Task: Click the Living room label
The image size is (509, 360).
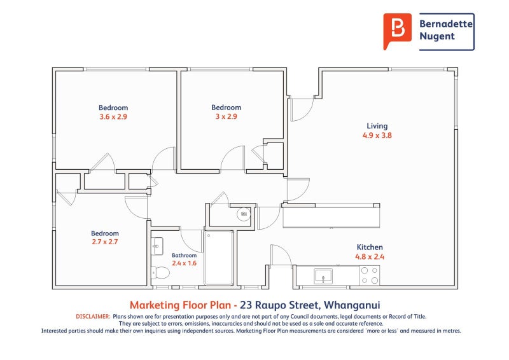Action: click(377, 126)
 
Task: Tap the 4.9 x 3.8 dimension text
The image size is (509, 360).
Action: click(377, 135)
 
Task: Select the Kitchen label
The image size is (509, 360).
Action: click(370, 247)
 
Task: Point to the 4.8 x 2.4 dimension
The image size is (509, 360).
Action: click(370, 257)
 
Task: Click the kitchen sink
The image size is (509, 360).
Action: click(323, 276)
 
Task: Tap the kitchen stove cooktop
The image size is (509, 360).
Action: click(370, 275)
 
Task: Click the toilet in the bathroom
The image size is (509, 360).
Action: click(160, 273)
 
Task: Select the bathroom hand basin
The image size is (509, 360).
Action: click(157, 246)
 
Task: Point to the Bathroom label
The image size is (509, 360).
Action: click(184, 256)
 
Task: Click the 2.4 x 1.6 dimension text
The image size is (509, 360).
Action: click(184, 263)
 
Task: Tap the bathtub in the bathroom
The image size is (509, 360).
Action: click(218, 258)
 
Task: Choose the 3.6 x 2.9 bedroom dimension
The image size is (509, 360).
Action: click(113, 117)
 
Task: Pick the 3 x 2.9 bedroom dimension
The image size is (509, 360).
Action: click(227, 116)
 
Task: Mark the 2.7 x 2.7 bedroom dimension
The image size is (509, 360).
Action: click(104, 242)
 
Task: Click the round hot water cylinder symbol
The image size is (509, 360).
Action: click(244, 214)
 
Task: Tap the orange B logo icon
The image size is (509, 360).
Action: click(396, 31)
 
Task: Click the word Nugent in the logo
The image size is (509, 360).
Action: click(437, 36)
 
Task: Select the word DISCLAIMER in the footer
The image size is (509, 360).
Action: click(93, 317)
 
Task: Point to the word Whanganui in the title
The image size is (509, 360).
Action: click(352, 305)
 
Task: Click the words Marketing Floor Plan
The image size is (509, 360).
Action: click(180, 305)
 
